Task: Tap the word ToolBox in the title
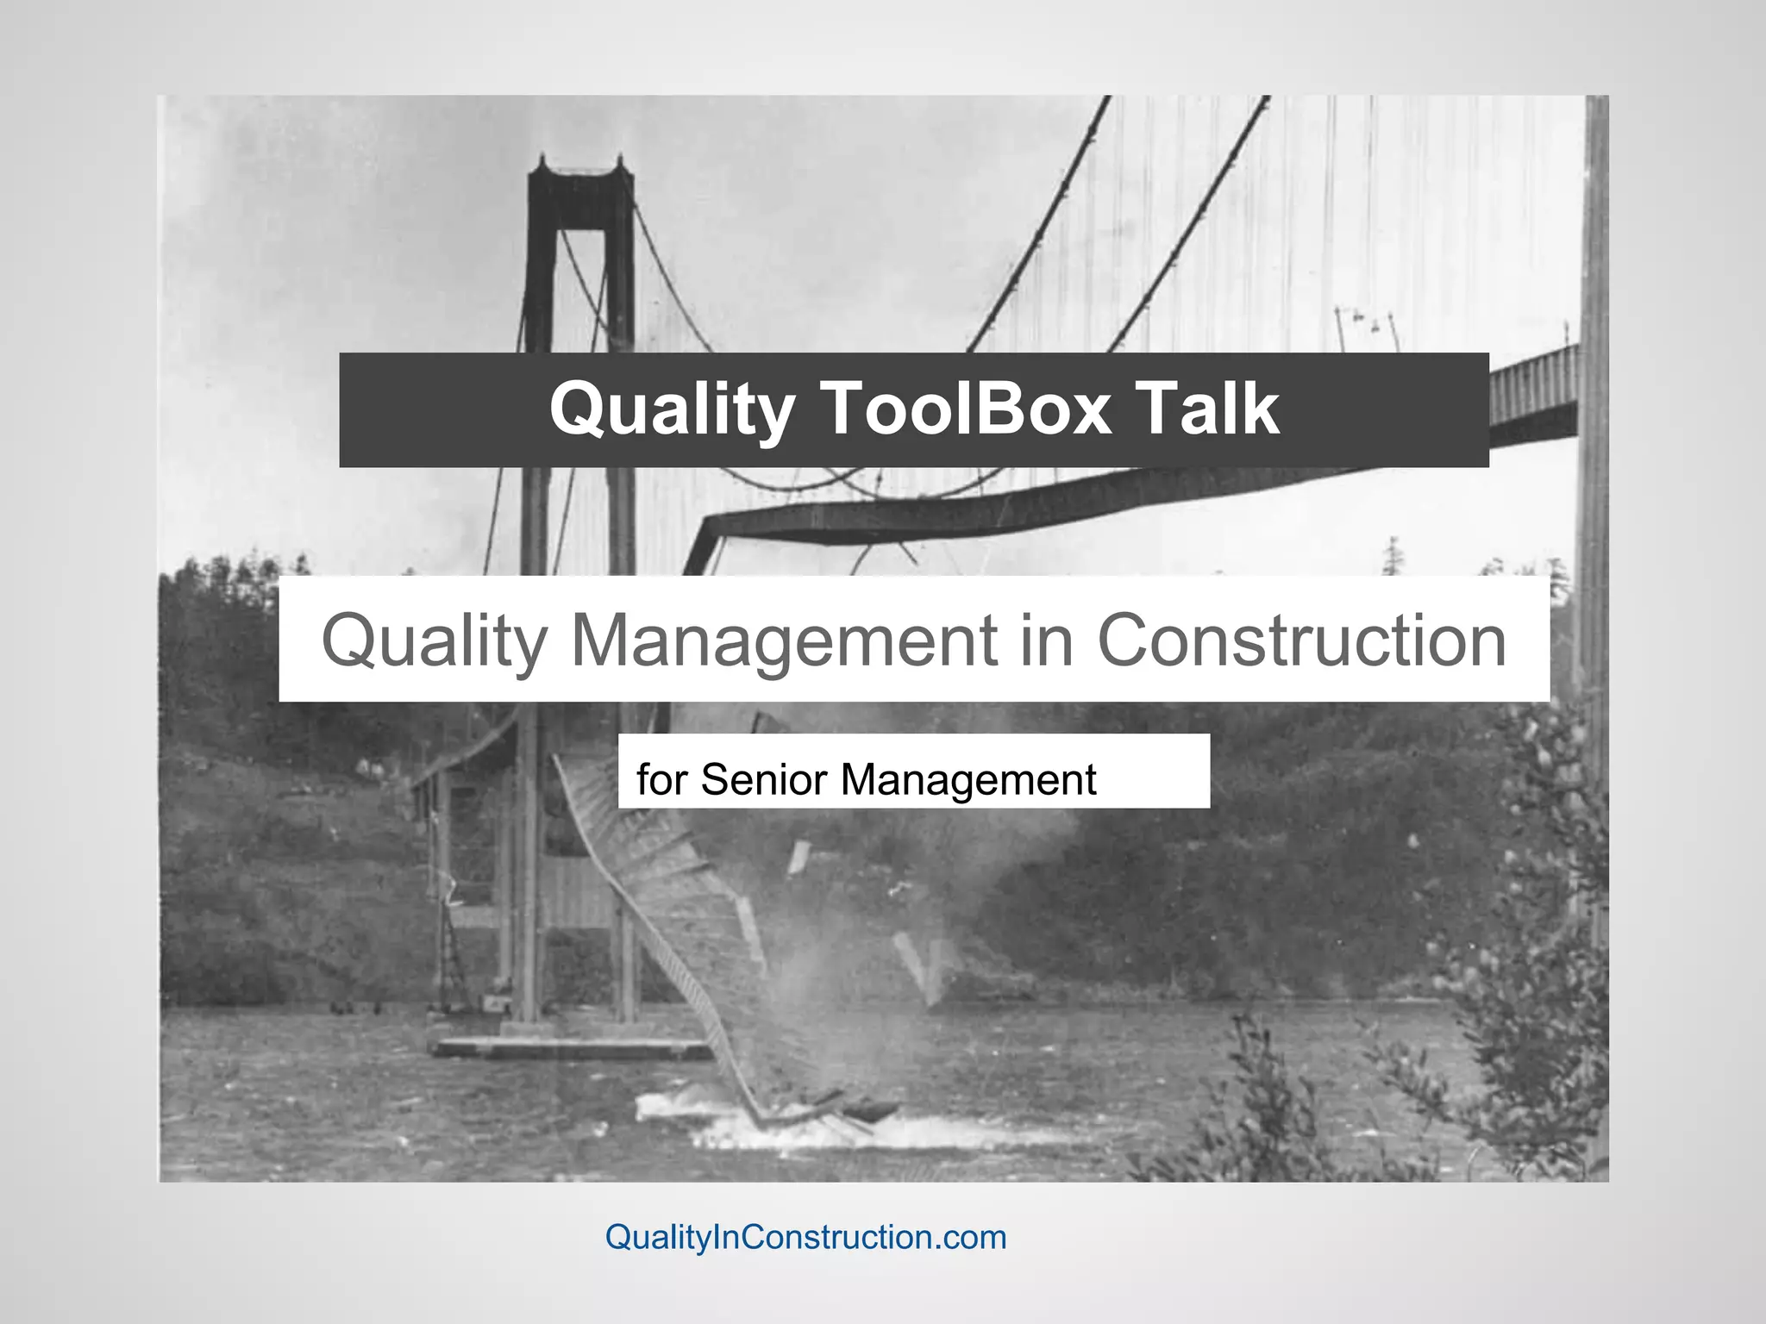(964, 409)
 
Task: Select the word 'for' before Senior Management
(662, 779)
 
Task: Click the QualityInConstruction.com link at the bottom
(805, 1237)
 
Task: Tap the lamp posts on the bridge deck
(1367, 328)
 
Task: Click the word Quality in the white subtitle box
(434, 641)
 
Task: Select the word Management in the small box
(968, 779)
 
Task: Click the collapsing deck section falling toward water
(673, 931)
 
